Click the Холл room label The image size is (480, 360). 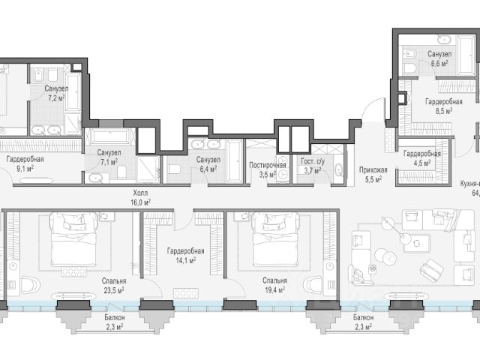(x=140, y=193)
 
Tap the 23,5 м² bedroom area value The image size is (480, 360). (x=113, y=290)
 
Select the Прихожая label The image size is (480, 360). (x=373, y=170)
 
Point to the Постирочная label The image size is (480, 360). (x=268, y=165)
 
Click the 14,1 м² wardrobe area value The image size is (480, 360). (x=185, y=260)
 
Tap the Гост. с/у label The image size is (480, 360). (x=313, y=161)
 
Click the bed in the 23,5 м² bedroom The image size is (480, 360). (x=73, y=239)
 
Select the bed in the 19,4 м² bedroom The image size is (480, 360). (x=275, y=239)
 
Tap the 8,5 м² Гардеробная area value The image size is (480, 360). (x=444, y=111)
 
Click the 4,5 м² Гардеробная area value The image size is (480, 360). (x=422, y=163)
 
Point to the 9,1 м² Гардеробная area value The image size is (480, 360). (x=25, y=169)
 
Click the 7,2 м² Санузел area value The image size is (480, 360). (x=56, y=98)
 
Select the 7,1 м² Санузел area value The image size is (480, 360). (x=109, y=162)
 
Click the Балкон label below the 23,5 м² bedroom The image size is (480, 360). (x=115, y=318)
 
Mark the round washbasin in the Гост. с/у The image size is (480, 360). (x=339, y=170)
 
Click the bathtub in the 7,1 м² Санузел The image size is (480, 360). (x=110, y=136)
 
